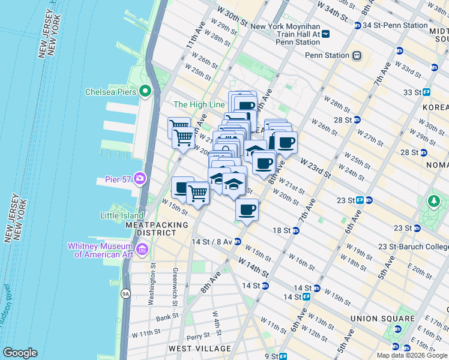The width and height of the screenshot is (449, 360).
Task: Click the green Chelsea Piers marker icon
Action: (x=145, y=91)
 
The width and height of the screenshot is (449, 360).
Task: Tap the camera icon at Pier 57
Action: (x=140, y=178)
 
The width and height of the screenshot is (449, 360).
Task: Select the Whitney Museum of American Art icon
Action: (x=142, y=249)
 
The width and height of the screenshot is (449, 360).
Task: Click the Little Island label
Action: (x=122, y=215)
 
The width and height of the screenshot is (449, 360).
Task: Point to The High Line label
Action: (x=199, y=104)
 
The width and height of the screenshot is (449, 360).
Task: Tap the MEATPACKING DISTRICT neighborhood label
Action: (x=156, y=229)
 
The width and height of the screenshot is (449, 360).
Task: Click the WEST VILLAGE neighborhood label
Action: (x=199, y=349)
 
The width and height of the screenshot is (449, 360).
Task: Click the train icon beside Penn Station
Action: (x=357, y=55)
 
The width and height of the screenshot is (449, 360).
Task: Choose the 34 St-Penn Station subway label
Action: (x=394, y=25)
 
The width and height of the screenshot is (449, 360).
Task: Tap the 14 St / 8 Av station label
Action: (x=212, y=242)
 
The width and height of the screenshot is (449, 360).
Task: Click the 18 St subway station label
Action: (x=282, y=230)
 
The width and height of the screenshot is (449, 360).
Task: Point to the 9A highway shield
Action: (x=125, y=294)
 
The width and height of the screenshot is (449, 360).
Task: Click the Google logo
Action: (x=20, y=353)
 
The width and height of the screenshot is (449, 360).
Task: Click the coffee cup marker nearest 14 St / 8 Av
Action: (x=247, y=209)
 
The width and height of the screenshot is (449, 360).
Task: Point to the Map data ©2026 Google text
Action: (x=411, y=355)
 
